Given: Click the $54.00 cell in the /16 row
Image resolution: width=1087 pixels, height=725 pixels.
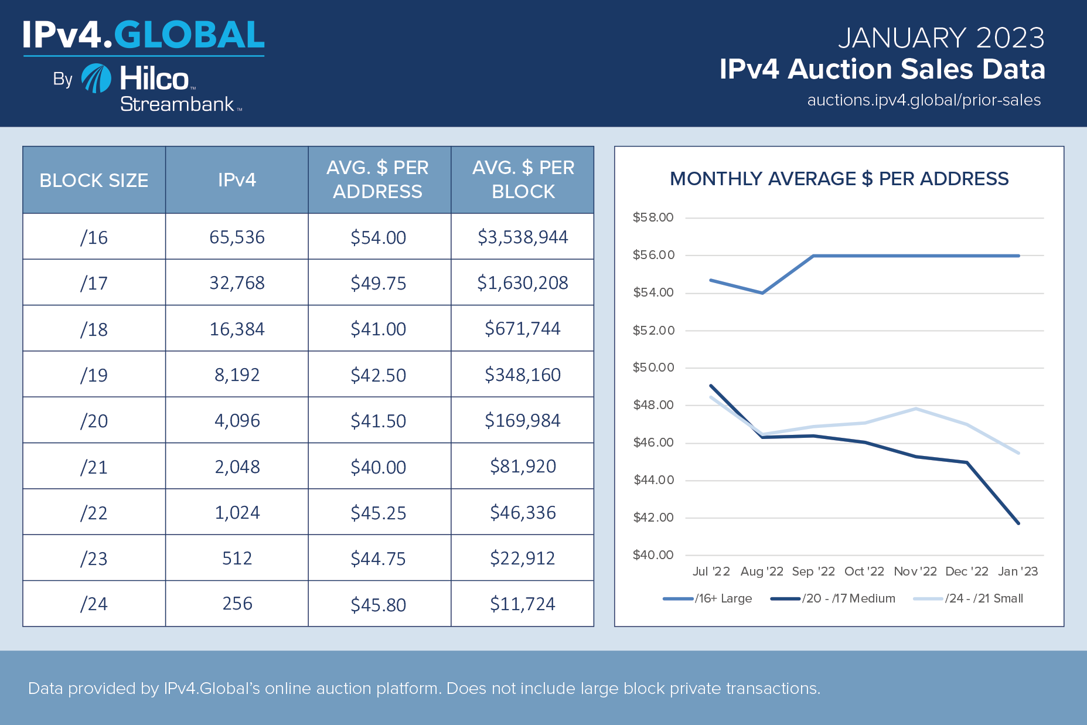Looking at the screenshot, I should tap(378, 237).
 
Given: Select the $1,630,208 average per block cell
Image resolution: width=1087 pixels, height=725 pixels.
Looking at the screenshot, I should tap(522, 283).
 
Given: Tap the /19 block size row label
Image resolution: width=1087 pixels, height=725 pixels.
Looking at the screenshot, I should tap(94, 375).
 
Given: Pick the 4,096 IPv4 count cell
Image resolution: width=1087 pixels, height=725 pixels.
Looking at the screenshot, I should tap(237, 421).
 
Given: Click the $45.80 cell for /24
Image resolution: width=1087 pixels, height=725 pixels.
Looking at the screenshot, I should tap(378, 604).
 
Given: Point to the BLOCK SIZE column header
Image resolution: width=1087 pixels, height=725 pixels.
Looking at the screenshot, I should tap(94, 180).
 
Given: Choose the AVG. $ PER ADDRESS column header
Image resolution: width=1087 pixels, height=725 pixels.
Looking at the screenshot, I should tap(378, 179).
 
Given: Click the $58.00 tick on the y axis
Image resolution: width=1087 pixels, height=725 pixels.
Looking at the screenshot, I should tap(653, 217).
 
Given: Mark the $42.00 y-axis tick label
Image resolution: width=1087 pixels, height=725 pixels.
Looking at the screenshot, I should tap(653, 518).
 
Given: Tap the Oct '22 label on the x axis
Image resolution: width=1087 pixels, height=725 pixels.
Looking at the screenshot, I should tap(864, 571).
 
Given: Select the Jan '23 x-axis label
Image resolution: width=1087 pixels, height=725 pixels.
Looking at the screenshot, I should tap(1018, 571).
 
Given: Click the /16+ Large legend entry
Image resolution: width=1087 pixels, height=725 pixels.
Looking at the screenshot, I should tap(708, 598).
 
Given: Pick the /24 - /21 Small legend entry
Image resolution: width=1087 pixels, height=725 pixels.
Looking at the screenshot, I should tap(969, 598).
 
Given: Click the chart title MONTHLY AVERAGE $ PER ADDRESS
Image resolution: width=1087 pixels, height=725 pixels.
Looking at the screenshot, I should tap(839, 179).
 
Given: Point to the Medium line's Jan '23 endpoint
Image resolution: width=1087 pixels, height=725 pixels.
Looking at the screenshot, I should tap(1018, 523).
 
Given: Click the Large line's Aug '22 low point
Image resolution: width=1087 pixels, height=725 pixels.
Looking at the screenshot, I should tap(762, 292).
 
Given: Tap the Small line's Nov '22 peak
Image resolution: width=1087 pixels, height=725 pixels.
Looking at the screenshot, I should tap(915, 409).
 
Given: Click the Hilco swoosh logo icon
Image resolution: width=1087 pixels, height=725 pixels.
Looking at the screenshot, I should tap(96, 79).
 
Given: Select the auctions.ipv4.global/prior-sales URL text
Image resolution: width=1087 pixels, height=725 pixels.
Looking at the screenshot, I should tap(924, 100).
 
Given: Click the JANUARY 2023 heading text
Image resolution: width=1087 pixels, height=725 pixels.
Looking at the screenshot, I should tap(941, 38).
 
